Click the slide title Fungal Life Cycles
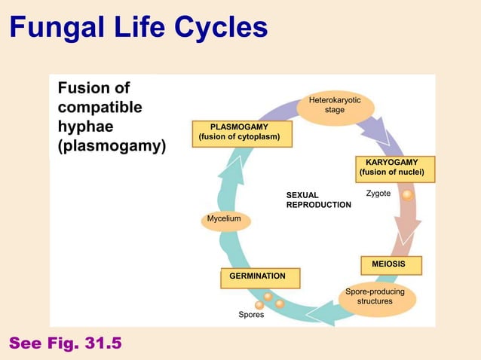138,28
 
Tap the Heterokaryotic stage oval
335,105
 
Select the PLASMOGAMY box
239,132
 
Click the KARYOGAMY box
391,168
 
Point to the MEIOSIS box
388,264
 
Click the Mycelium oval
224,219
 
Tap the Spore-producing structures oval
374,297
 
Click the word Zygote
378,194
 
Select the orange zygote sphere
407,195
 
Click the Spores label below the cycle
251,315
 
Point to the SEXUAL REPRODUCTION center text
318,200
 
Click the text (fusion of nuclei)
391,173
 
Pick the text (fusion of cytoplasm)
239,137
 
